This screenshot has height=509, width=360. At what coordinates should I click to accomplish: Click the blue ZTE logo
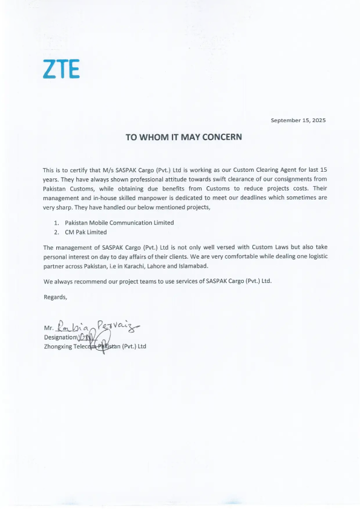(61, 70)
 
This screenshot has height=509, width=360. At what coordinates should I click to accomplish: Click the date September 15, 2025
(298, 120)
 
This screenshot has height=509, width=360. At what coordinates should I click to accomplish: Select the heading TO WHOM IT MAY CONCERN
(183, 137)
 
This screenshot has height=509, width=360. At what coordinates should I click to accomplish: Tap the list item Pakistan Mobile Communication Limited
(119, 222)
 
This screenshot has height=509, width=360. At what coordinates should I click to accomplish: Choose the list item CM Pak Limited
(86, 232)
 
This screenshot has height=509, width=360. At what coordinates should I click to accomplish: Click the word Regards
(56, 296)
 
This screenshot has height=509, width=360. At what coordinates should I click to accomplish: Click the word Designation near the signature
(61, 337)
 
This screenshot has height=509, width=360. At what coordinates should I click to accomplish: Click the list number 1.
(56, 222)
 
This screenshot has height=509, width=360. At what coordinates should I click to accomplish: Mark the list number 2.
(56, 232)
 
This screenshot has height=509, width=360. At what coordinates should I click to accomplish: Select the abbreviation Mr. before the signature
(49, 330)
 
